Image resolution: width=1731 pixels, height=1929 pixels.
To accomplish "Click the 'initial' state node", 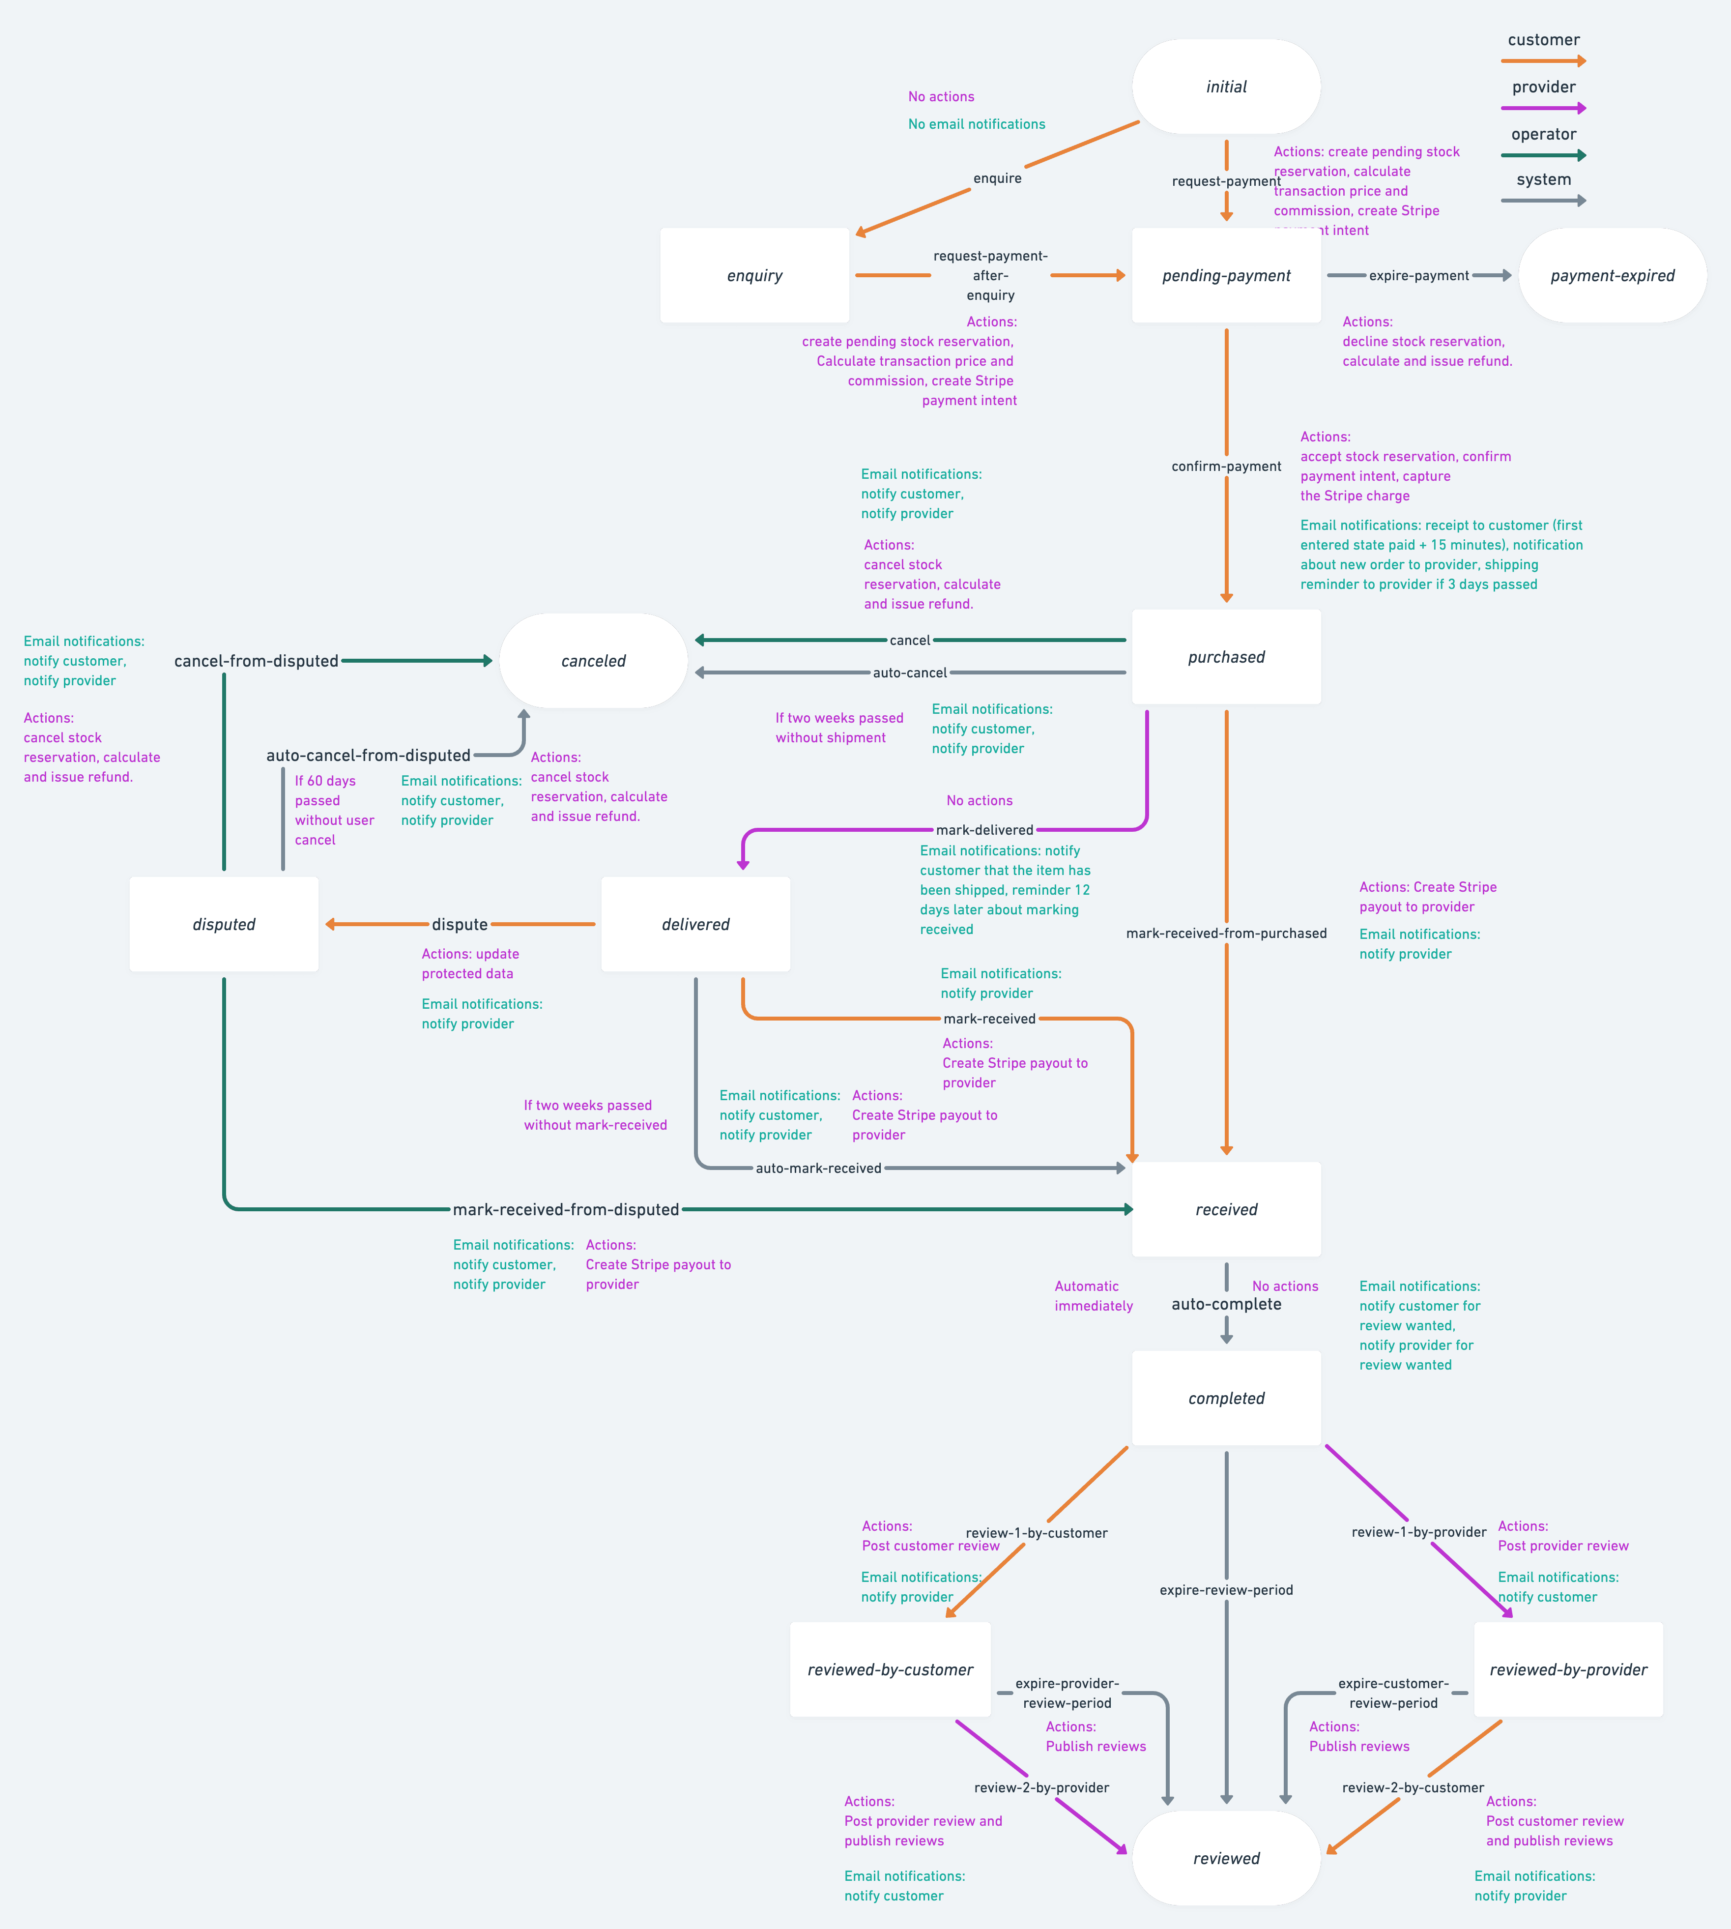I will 1226,87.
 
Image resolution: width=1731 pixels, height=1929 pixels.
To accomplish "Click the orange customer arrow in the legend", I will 1543,61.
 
